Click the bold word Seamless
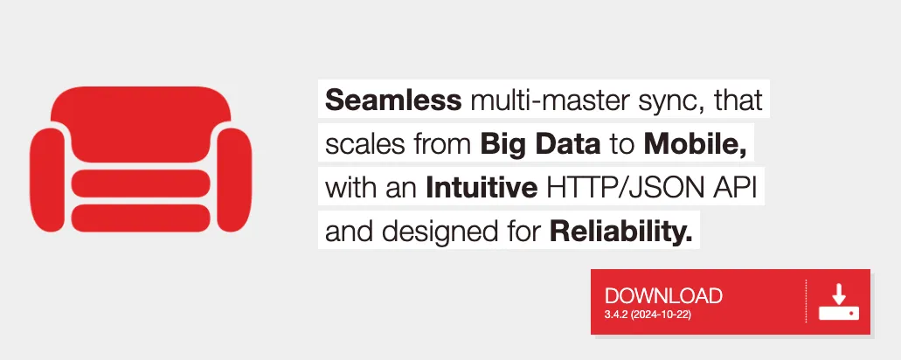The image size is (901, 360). click(x=393, y=102)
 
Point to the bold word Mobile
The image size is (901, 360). click(x=695, y=144)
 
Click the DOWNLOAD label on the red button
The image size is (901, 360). click(x=663, y=296)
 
